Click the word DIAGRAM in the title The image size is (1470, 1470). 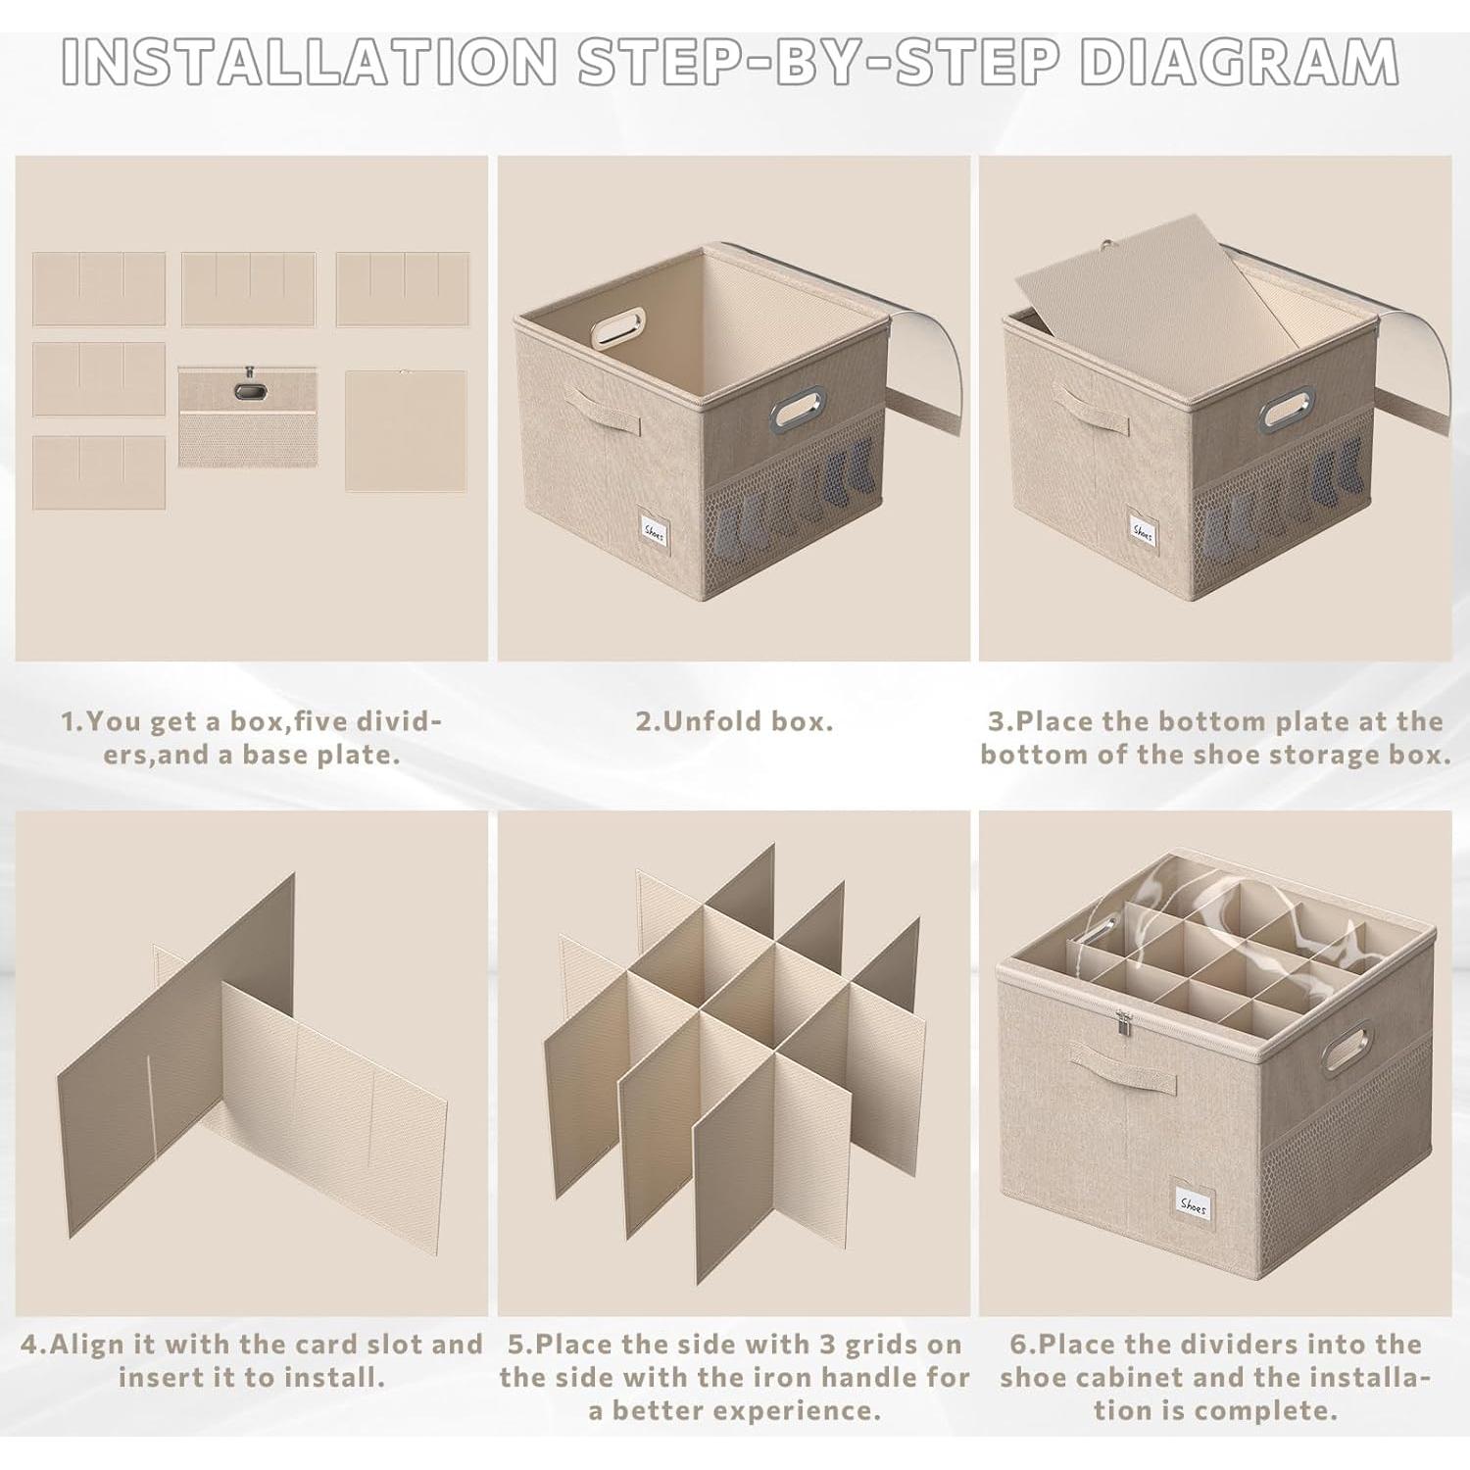(1238, 61)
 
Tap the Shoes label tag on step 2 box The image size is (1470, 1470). (654, 530)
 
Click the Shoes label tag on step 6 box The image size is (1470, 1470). (1193, 1204)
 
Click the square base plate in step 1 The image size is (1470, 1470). (405, 430)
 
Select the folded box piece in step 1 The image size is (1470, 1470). (247, 416)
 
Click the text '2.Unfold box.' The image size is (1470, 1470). (734, 721)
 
